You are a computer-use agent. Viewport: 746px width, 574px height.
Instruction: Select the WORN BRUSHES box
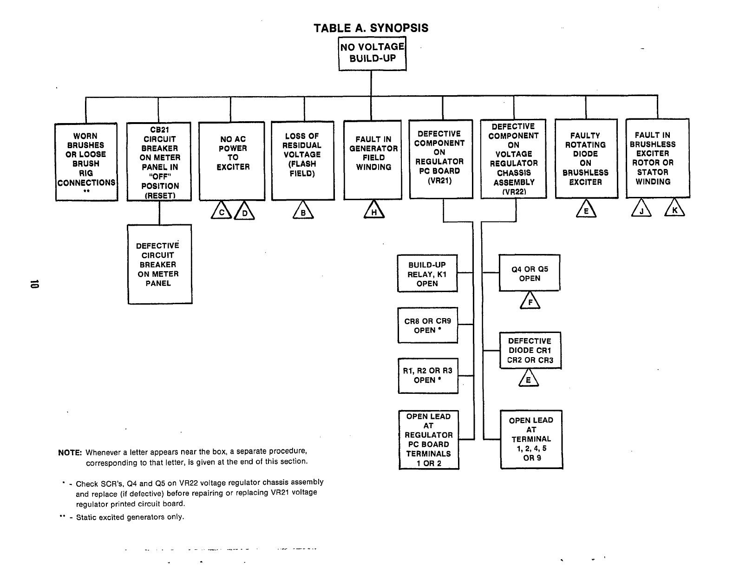(x=86, y=162)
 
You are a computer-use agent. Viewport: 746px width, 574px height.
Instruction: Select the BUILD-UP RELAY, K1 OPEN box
(x=427, y=274)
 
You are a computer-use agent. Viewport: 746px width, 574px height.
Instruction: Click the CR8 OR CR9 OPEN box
(x=428, y=325)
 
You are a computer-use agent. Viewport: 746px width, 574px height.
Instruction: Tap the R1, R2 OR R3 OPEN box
(x=428, y=375)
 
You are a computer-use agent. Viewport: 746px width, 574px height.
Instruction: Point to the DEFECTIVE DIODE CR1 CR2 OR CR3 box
(x=530, y=350)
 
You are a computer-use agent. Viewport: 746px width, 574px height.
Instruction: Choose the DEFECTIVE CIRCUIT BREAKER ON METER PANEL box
(x=159, y=264)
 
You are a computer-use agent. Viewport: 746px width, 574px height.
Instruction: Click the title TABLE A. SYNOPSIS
(x=371, y=28)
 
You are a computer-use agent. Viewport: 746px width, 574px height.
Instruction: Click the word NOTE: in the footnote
(x=70, y=452)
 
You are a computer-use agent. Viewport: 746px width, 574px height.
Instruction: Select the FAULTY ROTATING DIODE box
(x=586, y=158)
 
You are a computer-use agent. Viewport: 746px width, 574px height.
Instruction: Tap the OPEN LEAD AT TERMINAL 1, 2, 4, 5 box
(x=531, y=439)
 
